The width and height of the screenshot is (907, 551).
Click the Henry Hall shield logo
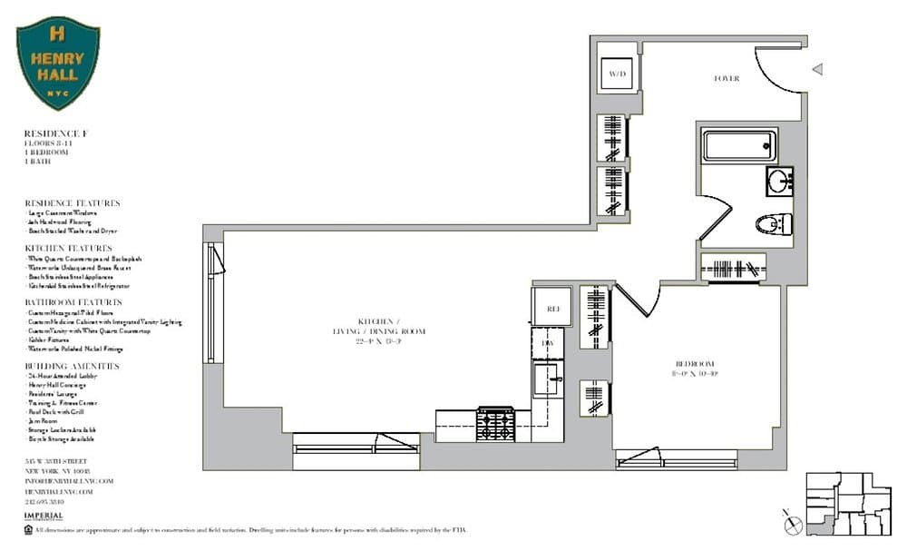coord(58,62)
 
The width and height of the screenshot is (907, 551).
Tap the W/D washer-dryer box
coord(618,73)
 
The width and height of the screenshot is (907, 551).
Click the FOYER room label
coord(727,79)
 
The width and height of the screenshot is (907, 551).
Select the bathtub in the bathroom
coord(740,146)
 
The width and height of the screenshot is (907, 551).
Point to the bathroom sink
coord(778,180)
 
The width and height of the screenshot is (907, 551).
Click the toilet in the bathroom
coord(773,223)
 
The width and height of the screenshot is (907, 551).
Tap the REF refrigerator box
coord(552,309)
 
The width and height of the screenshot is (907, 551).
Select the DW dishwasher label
coord(547,343)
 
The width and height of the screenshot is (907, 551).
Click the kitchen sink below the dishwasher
coord(548,379)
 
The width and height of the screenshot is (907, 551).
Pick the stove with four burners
coord(495,424)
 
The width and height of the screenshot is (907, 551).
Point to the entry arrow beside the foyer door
coord(817,69)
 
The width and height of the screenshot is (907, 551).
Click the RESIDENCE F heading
coord(55,133)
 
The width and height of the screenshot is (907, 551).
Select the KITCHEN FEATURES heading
coord(68,248)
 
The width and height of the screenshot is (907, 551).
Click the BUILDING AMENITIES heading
coord(72,365)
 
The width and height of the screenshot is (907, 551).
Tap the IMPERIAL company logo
coord(44,516)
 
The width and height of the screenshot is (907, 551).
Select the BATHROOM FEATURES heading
coord(73,301)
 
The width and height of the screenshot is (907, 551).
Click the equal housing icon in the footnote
coord(28,529)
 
